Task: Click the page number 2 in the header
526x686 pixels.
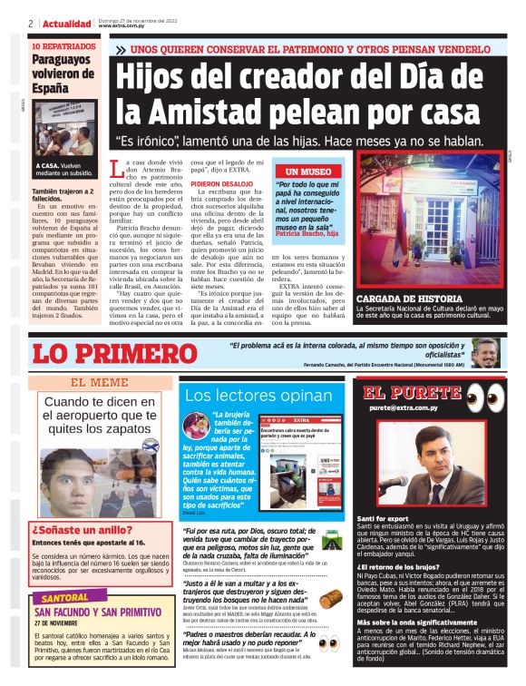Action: [x=31, y=24]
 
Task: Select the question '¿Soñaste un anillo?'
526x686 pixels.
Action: [x=72, y=529]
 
